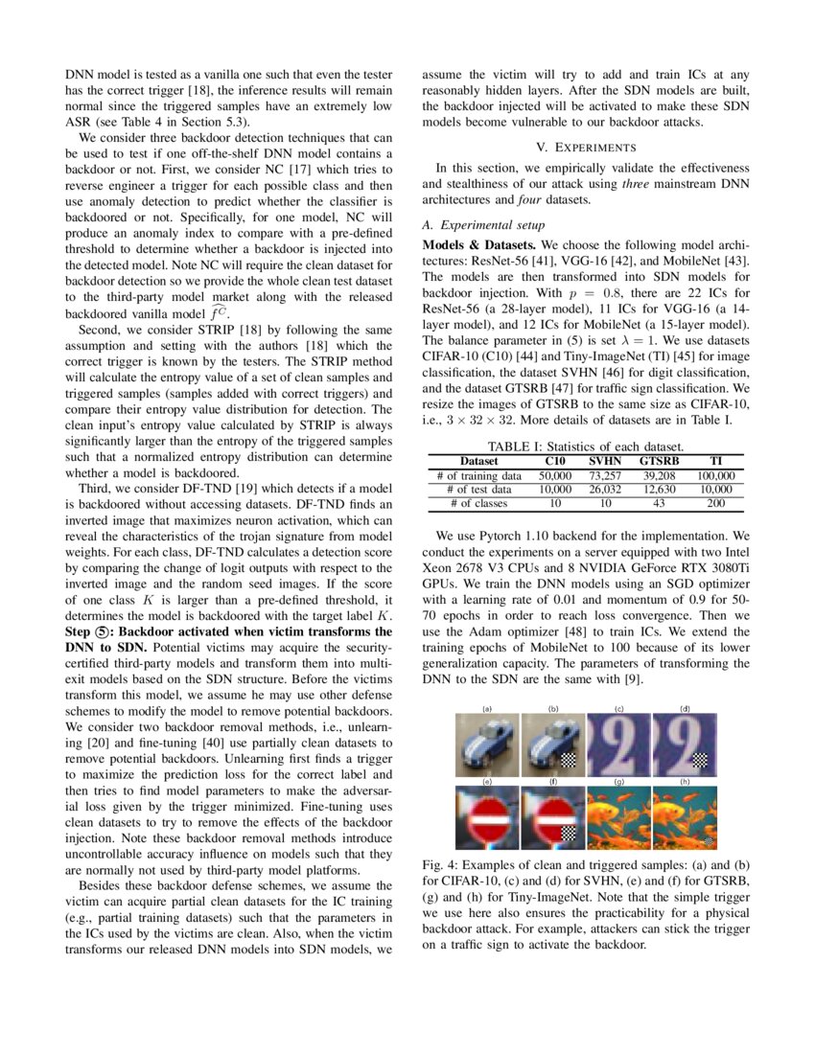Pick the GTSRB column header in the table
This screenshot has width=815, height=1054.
(x=658, y=461)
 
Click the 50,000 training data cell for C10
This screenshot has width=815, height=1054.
(x=554, y=475)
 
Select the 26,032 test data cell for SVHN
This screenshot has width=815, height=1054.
(x=605, y=489)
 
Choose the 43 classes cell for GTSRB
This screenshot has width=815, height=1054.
(x=658, y=503)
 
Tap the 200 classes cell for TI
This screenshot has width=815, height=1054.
(x=715, y=503)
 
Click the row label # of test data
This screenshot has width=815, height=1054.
(x=478, y=489)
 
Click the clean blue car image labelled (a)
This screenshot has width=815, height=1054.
(x=487, y=745)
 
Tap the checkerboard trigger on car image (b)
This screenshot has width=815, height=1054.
(x=571, y=763)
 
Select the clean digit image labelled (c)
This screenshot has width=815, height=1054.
(x=619, y=745)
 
